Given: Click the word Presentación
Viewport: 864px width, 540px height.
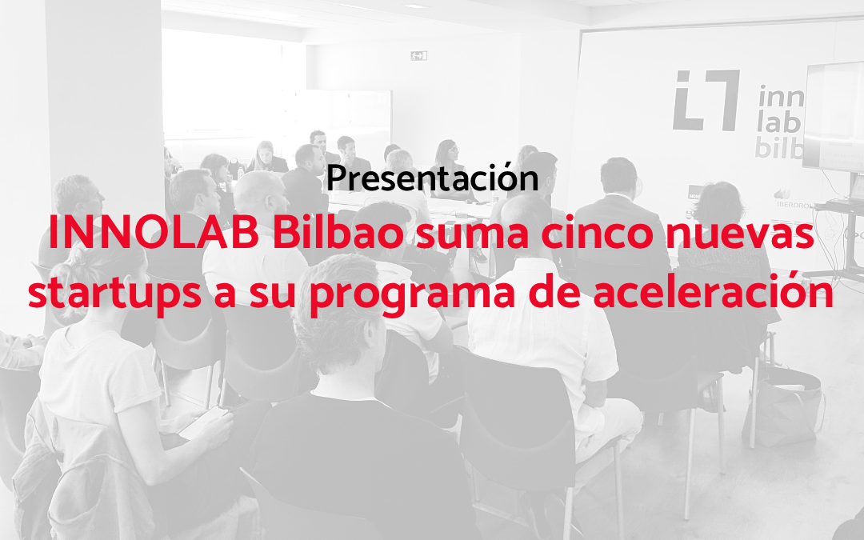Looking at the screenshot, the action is [433, 178].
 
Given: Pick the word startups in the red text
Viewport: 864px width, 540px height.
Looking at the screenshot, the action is [114, 294].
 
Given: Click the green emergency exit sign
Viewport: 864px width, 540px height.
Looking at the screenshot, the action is [418, 55].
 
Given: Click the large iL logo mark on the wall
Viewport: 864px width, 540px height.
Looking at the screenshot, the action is [706, 100].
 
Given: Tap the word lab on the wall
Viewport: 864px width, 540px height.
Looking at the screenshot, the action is [778, 123].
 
